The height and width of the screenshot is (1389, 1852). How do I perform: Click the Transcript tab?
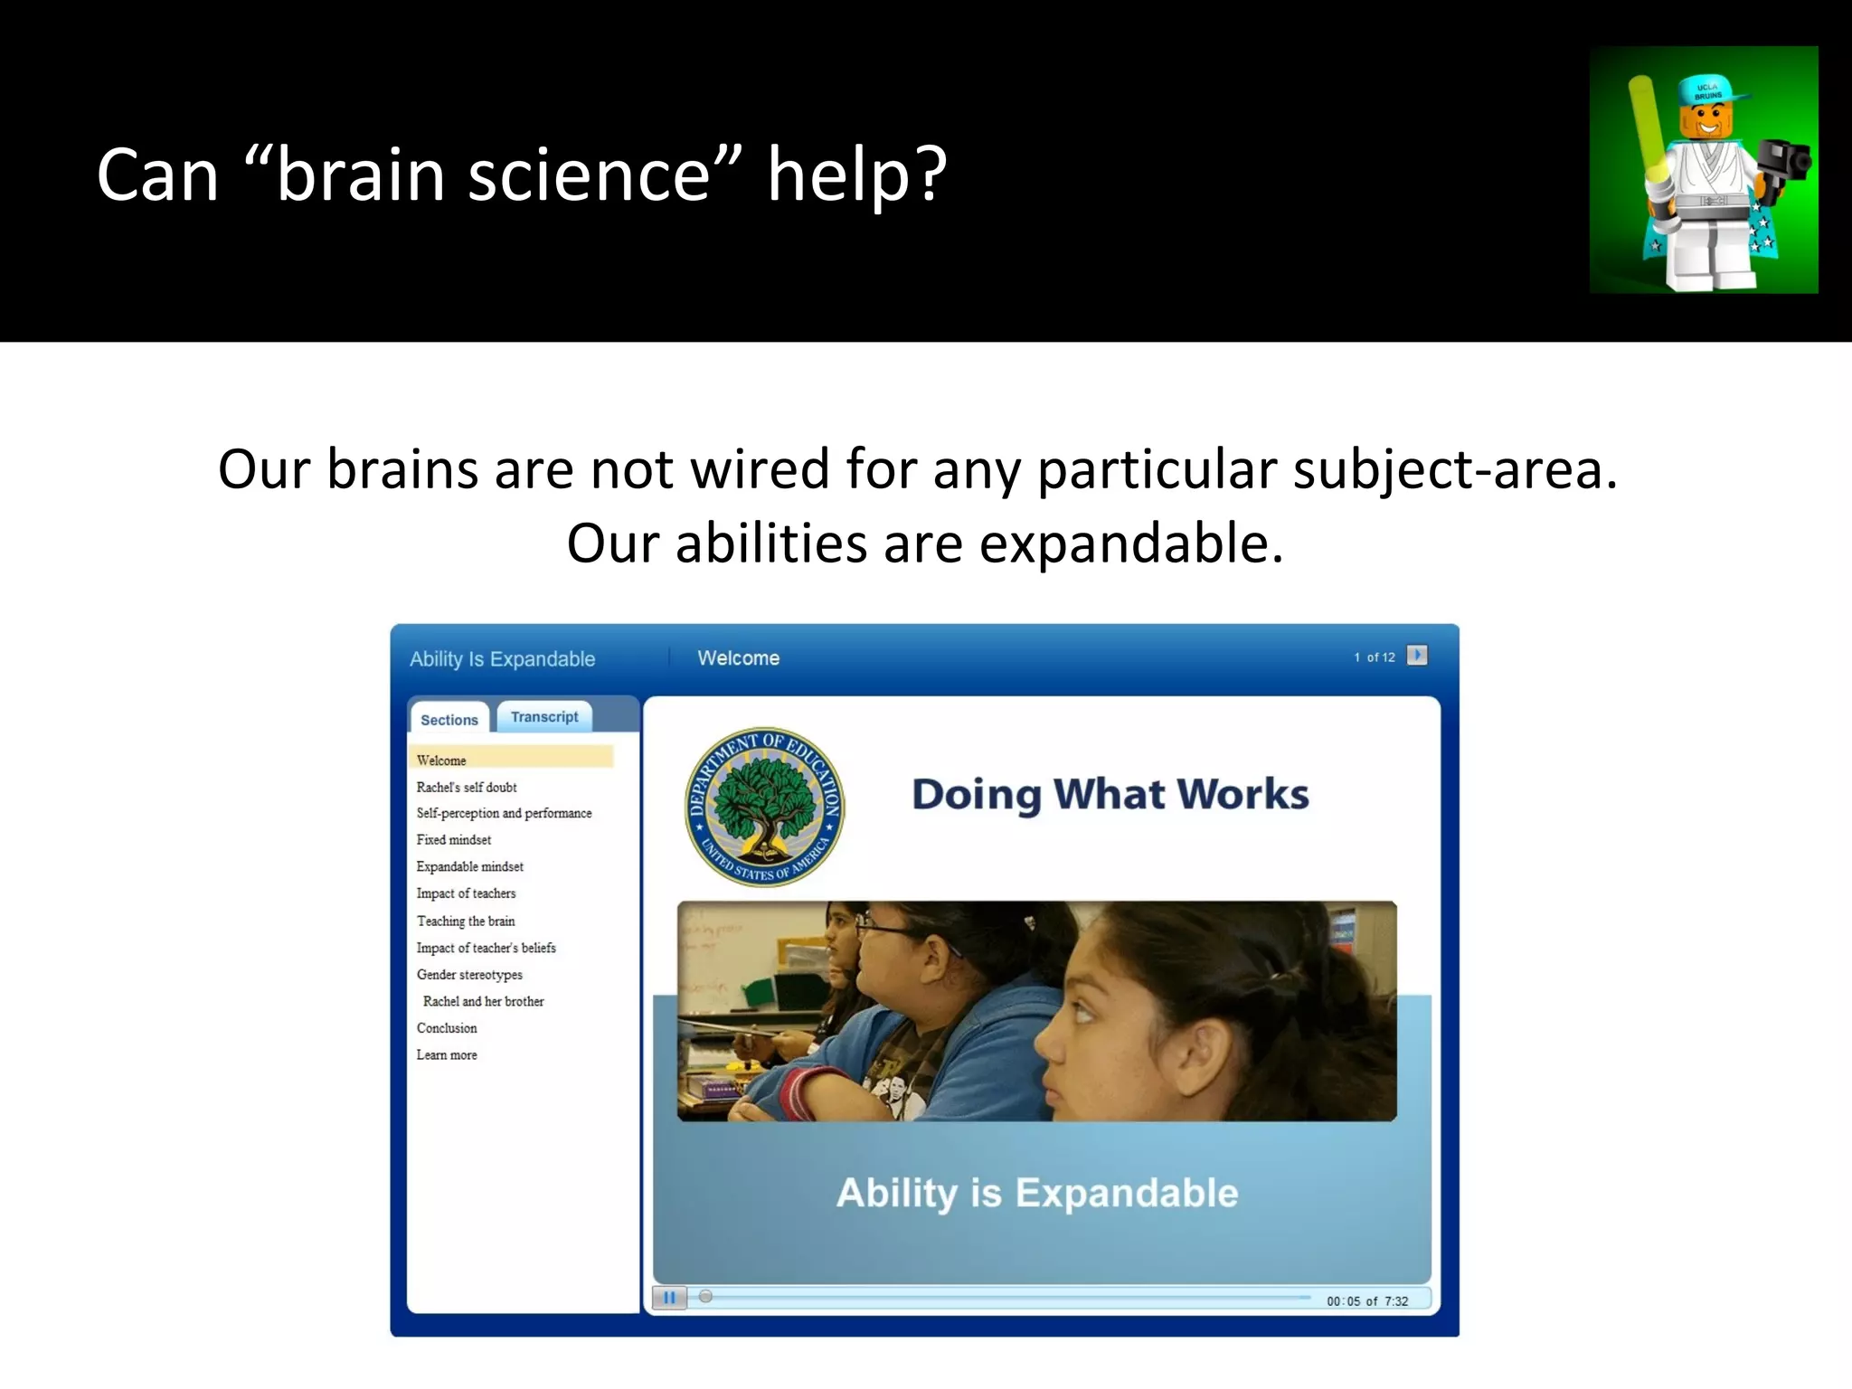(544, 717)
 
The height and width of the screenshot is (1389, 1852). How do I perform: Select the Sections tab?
(449, 720)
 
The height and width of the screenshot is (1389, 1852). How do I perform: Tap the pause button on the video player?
(669, 1298)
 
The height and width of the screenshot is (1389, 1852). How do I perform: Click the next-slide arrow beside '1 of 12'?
(1417, 656)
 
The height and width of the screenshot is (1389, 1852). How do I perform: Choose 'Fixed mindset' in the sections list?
(454, 840)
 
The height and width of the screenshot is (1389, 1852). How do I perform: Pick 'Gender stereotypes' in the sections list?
(469, 975)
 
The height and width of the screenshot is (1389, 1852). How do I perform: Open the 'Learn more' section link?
(447, 1055)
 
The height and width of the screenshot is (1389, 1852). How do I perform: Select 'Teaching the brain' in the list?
(466, 921)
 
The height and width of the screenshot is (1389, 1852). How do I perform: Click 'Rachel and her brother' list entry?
(484, 1002)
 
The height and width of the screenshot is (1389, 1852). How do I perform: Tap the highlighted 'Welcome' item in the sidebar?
(441, 761)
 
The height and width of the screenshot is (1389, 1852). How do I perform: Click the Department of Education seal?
(765, 807)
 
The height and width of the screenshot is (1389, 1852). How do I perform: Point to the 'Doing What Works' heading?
(1110, 794)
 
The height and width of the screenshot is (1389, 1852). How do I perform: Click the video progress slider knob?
(706, 1297)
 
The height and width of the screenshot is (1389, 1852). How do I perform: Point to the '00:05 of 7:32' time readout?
(1367, 1301)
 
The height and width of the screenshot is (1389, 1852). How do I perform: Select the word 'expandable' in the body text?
(1130, 544)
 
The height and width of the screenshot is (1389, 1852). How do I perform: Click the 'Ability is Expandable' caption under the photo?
(1037, 1193)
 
